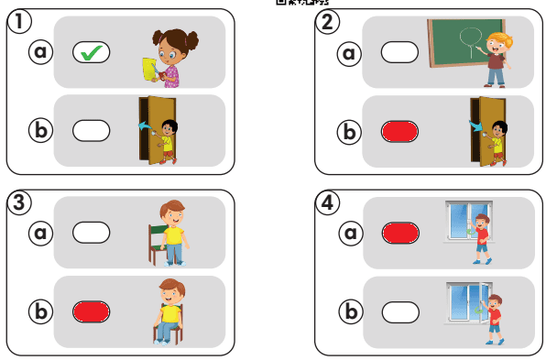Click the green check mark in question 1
pos(92,53)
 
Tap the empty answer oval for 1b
pos(92,131)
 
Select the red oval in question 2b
pos(399,132)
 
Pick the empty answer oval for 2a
pos(399,52)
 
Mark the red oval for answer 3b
pos(92,311)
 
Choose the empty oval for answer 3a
pos(92,233)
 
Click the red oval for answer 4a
pos(400,233)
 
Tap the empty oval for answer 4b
pos(400,312)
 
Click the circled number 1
pos(19,21)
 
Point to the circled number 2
pos(327,22)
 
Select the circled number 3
pos(19,202)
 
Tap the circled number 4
pos(327,202)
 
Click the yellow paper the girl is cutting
pos(149,69)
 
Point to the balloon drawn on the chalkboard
pos(471,39)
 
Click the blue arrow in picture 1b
pos(146,125)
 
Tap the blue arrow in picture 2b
pos(475,125)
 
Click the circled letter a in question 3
pos(40,233)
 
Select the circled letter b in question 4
pos(351,311)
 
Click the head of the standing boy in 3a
pos(173,213)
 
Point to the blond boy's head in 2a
pos(498,43)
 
